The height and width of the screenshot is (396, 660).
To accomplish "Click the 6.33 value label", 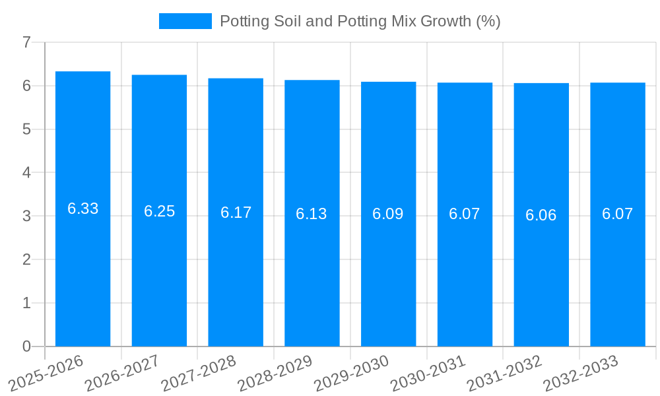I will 82,209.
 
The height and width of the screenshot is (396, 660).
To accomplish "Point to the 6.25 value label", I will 159,211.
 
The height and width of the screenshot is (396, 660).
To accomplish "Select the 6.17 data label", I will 236,213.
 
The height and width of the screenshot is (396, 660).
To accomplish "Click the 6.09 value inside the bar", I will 388,214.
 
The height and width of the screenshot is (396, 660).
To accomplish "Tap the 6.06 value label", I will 541,215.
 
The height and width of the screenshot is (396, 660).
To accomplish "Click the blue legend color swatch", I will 185,21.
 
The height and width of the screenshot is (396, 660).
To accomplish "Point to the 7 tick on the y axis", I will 26,42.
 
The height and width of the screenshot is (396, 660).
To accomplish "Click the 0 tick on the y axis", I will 26,346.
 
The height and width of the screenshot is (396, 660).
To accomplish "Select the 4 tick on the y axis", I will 26,173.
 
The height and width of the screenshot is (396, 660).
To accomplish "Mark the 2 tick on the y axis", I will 26,259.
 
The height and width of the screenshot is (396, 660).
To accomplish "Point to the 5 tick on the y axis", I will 26,129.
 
